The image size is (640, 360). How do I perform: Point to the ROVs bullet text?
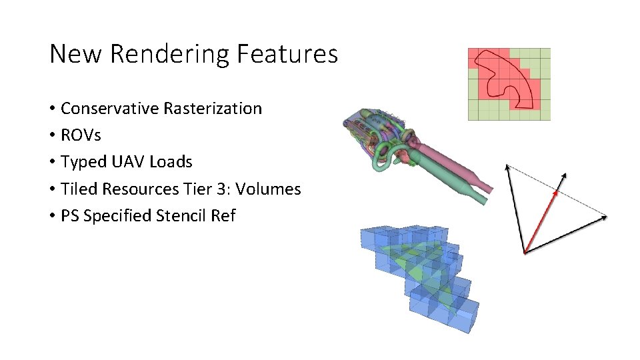(x=81, y=135)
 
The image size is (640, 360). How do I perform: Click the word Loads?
(x=171, y=162)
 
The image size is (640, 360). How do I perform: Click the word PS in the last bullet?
(x=69, y=216)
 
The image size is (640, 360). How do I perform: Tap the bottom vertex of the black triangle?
(x=525, y=253)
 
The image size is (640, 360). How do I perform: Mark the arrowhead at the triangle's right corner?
(x=604, y=215)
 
